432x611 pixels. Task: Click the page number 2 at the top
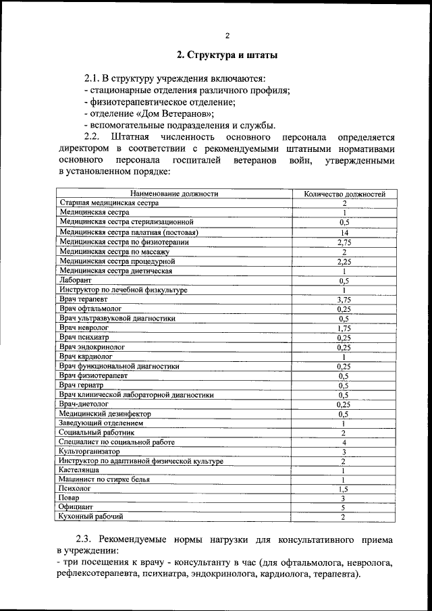coord(227,36)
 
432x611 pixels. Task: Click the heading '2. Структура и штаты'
coord(227,55)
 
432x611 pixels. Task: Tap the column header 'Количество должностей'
coord(344,194)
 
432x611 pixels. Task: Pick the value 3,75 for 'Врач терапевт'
coord(344,299)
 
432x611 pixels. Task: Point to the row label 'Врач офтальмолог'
coord(90,309)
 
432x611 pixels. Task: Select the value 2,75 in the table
coord(344,242)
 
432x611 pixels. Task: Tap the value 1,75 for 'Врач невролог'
coord(344,328)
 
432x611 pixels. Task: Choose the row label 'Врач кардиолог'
coord(86,356)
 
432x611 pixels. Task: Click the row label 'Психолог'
coord(74,487)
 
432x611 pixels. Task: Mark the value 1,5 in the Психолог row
coord(344,488)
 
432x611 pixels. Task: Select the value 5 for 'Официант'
coord(344,507)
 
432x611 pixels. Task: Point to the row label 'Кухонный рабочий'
coord(91,516)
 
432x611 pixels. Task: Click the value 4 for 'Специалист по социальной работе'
coord(344,442)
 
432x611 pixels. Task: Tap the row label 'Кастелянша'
coord(79,469)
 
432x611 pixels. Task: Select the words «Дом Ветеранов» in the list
coord(180,113)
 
